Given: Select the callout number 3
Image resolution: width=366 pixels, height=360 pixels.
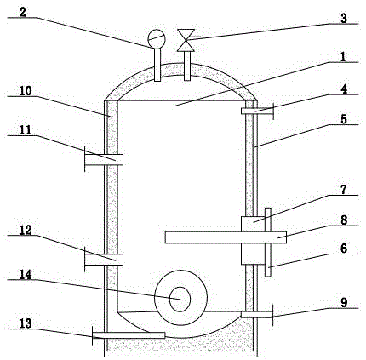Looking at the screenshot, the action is click(x=344, y=18).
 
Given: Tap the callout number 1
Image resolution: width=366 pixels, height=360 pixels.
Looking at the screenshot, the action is click(x=343, y=57).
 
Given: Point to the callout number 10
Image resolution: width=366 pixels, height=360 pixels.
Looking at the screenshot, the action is click(x=26, y=90).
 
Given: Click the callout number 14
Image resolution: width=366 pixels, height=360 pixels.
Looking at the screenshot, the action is click(x=26, y=274).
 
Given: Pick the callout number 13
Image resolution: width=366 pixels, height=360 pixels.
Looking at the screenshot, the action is click(x=26, y=323).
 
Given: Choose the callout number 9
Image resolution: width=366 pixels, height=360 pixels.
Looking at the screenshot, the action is click(x=344, y=302).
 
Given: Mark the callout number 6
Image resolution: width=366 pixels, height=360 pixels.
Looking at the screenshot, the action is click(x=344, y=249).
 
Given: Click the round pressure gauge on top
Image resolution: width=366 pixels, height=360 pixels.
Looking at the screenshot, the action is click(x=157, y=38).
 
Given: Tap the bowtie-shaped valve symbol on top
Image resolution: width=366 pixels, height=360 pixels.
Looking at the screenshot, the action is click(x=186, y=40).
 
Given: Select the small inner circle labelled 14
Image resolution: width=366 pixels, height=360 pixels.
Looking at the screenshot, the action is click(x=180, y=299).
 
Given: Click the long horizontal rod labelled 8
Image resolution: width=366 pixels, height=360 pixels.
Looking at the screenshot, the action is click(x=226, y=237).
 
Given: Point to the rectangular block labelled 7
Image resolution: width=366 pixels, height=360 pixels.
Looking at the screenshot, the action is click(x=253, y=241).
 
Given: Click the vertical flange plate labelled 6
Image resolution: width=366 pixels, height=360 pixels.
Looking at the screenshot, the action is click(x=268, y=242).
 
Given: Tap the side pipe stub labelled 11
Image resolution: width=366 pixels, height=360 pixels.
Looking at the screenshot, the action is click(x=104, y=160).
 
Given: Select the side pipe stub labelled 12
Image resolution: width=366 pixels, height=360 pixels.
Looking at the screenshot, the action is click(x=104, y=260).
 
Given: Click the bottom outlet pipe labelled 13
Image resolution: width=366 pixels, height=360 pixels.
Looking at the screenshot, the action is click(x=129, y=335).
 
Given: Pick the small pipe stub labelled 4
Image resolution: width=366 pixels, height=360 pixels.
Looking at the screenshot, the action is click(x=257, y=111).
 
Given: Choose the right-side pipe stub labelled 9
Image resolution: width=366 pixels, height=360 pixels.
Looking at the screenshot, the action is click(x=257, y=315).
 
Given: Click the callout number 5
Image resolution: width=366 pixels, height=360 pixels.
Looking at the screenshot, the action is click(x=344, y=119).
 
